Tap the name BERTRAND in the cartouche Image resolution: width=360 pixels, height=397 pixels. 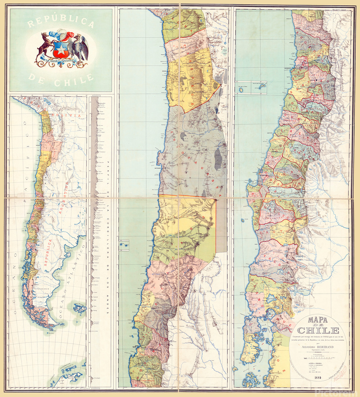326,347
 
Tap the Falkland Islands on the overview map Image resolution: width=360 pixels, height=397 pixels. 79,307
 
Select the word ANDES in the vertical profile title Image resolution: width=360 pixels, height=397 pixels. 107,300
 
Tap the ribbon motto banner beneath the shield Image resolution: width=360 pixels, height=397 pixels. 62,60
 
